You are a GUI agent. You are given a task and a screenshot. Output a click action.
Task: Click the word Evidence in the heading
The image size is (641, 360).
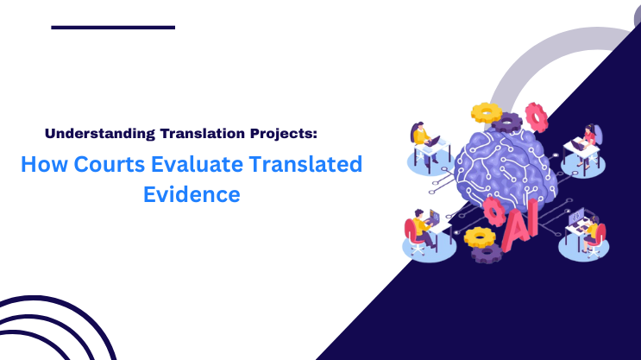(192, 194)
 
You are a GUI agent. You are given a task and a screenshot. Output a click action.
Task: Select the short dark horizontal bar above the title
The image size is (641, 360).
(113, 28)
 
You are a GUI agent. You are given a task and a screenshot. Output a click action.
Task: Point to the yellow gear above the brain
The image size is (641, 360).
(487, 112)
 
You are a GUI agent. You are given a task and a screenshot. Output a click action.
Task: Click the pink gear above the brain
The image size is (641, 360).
(537, 116)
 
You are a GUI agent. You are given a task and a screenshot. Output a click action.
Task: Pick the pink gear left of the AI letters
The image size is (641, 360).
(493, 210)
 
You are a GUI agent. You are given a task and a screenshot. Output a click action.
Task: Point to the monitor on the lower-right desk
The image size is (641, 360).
(576, 216)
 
